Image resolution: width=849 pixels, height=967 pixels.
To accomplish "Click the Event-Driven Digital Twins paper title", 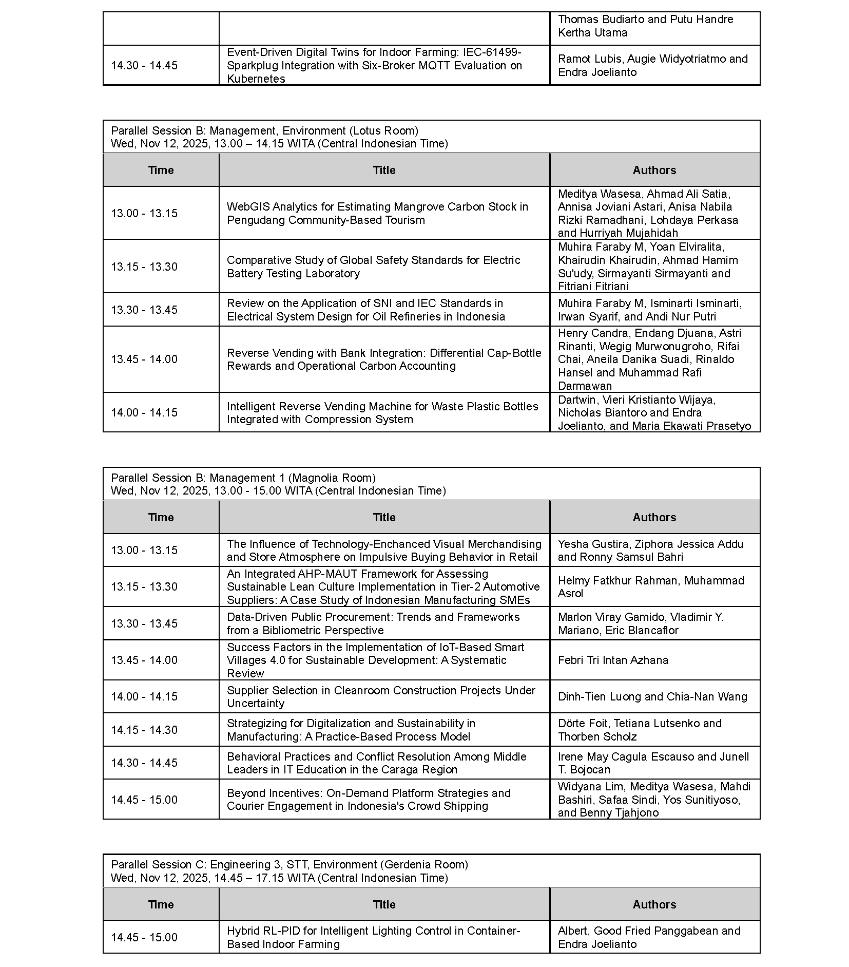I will tap(374, 65).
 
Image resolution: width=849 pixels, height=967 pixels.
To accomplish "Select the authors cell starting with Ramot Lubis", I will tap(652, 65).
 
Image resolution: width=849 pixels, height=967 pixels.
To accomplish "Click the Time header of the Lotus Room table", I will tap(161, 170).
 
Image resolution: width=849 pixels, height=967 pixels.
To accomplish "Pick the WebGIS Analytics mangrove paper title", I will tap(377, 213).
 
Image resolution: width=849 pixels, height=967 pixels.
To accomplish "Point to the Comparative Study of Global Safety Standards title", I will tap(373, 267).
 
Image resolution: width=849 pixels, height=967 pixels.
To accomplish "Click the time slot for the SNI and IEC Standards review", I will tap(144, 310).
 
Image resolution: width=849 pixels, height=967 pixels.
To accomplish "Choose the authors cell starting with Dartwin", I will tap(654, 412).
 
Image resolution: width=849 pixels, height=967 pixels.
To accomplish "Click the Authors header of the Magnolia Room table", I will tap(654, 517).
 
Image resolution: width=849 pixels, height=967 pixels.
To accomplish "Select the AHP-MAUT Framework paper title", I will tap(383, 586).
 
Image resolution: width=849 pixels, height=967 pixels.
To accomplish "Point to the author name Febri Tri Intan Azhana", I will tap(613, 660).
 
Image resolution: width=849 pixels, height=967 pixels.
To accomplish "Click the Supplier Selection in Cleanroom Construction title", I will tap(381, 696).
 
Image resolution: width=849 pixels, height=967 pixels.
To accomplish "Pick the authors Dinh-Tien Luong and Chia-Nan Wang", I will tap(652, 696).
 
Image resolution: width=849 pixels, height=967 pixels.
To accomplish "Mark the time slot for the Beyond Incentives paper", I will tap(144, 800).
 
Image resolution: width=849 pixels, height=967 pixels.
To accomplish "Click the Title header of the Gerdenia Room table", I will tap(384, 904).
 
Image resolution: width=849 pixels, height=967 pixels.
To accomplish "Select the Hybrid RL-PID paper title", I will tap(373, 937).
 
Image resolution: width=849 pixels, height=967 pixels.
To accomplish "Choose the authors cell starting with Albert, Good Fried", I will tap(649, 937).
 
